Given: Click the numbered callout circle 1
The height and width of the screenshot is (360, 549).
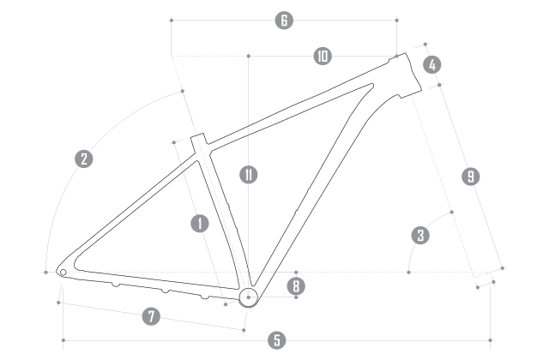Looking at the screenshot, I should click(x=199, y=224).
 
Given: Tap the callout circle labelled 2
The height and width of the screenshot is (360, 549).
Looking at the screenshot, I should click(x=83, y=159).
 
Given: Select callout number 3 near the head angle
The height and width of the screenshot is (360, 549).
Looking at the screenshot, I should click(x=419, y=234).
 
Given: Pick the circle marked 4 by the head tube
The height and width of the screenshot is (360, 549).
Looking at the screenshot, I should click(x=432, y=64).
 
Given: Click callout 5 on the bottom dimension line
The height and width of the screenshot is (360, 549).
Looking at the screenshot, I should click(x=275, y=340).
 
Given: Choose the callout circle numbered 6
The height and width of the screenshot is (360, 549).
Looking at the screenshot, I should click(x=284, y=20).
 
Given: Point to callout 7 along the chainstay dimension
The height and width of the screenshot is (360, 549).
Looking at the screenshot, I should click(x=151, y=316).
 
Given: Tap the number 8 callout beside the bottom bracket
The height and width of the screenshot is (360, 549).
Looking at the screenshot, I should click(x=294, y=286).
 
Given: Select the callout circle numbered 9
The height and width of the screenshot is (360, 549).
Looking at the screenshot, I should click(x=470, y=177).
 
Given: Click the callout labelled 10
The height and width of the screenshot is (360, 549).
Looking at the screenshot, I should click(x=322, y=57).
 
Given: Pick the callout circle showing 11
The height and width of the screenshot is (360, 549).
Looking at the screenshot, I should click(x=247, y=177).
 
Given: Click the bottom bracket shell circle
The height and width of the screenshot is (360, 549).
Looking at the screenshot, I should click(x=248, y=297).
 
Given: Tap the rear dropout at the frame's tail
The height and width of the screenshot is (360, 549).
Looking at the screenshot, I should click(x=63, y=273).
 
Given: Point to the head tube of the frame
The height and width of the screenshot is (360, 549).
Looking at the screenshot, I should click(x=409, y=72).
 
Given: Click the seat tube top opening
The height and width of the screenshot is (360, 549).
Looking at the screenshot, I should click(x=197, y=137).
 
